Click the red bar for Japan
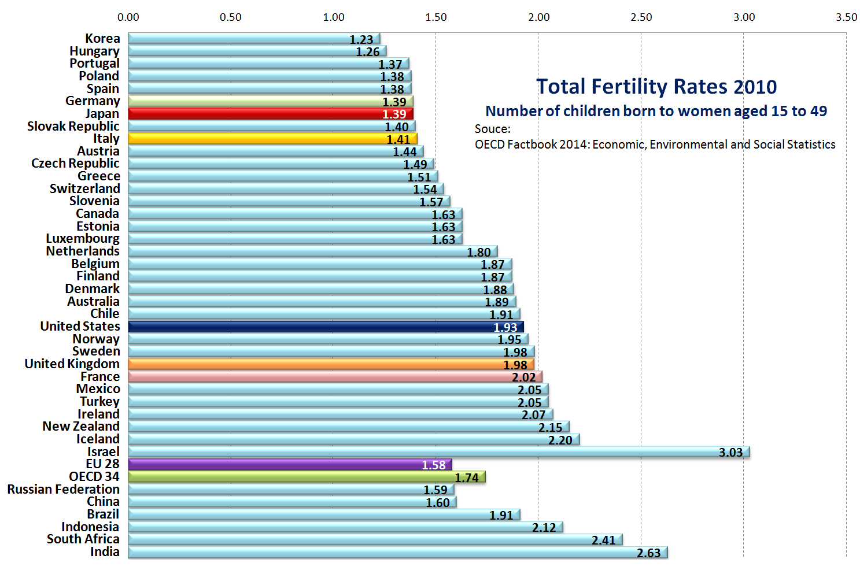click(x=270, y=114)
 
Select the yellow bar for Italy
click(x=272, y=139)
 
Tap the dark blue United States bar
click(x=326, y=327)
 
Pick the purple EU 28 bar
click(x=289, y=464)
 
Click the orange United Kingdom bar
click(x=330, y=364)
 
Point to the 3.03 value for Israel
click(x=730, y=452)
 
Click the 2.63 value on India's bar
click(x=648, y=553)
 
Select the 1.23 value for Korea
click(x=361, y=39)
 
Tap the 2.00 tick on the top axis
click(x=538, y=17)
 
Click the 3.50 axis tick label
click(x=846, y=17)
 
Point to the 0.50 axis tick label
click(x=230, y=17)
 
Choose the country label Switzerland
click(x=85, y=188)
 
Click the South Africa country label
click(x=83, y=539)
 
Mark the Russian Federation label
click(x=63, y=489)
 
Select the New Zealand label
click(x=81, y=426)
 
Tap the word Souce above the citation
click(x=492, y=129)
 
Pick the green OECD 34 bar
click(x=307, y=477)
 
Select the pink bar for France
click(x=334, y=377)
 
